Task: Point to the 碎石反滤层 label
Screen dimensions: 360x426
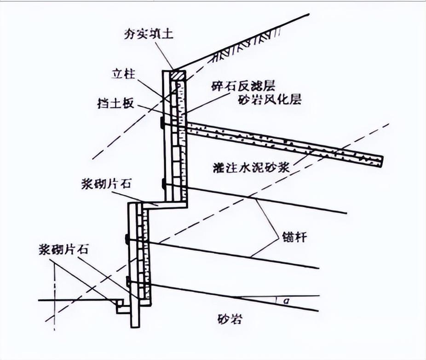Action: tap(236, 86)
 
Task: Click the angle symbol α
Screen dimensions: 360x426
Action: tap(286, 301)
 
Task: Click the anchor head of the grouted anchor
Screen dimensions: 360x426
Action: tap(162, 123)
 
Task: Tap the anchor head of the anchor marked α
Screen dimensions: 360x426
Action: tap(127, 281)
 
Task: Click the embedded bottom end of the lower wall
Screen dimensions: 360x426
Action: tap(135, 322)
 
